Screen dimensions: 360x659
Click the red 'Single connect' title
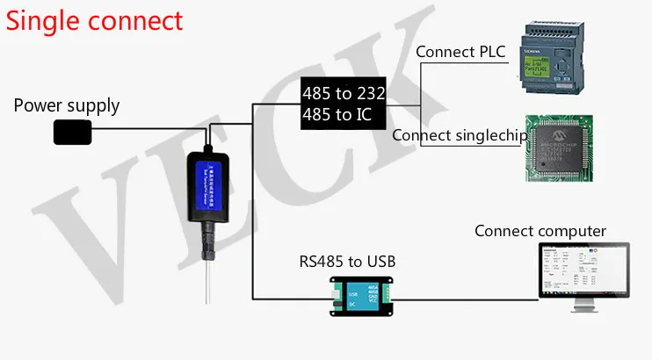[95, 20]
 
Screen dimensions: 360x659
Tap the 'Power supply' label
[67, 106]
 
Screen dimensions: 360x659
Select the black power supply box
[73, 133]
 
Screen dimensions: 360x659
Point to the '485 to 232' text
[344, 93]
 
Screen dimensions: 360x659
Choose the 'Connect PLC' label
[460, 53]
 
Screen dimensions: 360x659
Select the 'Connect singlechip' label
[460, 136]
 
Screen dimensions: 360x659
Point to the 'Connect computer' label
[540, 231]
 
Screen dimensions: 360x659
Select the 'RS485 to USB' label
[347, 261]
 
